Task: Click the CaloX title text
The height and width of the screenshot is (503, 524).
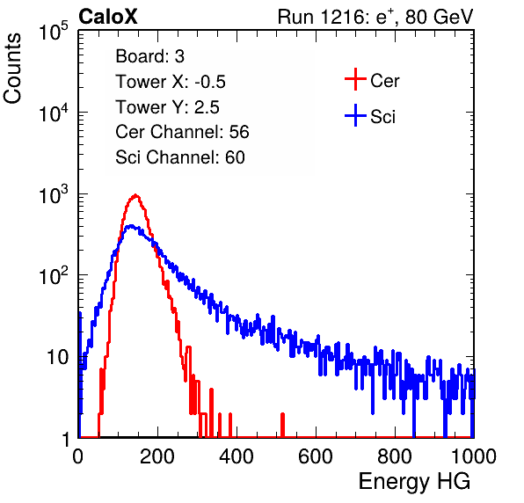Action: tap(108, 17)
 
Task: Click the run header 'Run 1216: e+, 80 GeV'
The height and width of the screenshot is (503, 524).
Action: tap(375, 17)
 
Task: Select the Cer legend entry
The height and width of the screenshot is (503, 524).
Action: tap(372, 80)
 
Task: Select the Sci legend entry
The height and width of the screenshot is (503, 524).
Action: tap(370, 116)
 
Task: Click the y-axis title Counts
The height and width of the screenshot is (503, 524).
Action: tap(12, 69)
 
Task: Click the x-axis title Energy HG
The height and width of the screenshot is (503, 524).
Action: tap(414, 482)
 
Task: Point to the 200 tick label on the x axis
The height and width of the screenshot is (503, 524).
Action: tap(157, 456)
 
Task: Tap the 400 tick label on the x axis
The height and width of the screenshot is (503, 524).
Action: tap(237, 456)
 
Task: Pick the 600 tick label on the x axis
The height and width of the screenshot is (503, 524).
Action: tap(316, 456)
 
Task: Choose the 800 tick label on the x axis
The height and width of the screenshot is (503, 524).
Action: tap(395, 456)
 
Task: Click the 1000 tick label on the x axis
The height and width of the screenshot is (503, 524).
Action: tap(474, 456)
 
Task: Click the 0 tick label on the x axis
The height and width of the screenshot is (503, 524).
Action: tap(78, 456)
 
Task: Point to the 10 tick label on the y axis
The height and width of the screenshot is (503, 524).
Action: tap(57, 357)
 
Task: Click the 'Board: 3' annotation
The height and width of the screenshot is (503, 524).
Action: tap(149, 56)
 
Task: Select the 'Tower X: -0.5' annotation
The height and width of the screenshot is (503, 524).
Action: tap(171, 82)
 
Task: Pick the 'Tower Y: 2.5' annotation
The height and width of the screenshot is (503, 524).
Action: tap(167, 107)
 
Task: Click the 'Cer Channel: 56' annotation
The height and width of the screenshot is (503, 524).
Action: tap(182, 132)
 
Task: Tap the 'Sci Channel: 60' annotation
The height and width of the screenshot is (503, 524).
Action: tap(180, 157)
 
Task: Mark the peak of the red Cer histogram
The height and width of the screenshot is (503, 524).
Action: tap(135, 194)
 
